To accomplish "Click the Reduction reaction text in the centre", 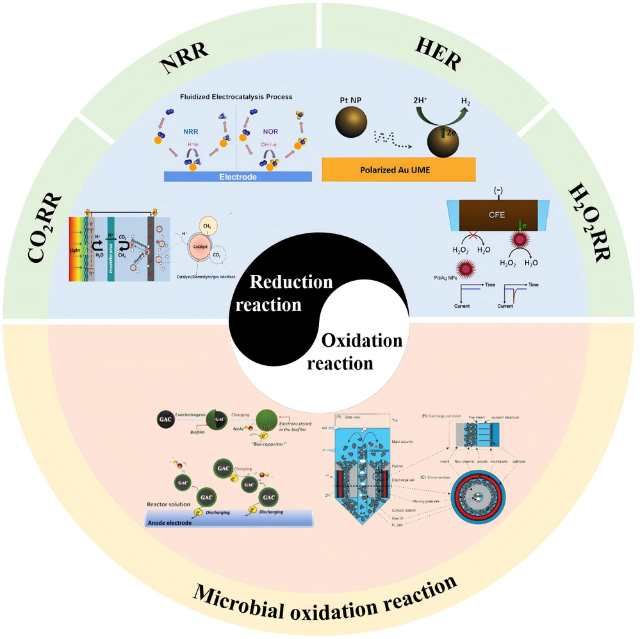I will pos(283,293).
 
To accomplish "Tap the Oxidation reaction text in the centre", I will pos(356,351).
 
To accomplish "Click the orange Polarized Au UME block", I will pos(398,169).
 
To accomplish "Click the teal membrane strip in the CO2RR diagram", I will pos(111,247).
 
